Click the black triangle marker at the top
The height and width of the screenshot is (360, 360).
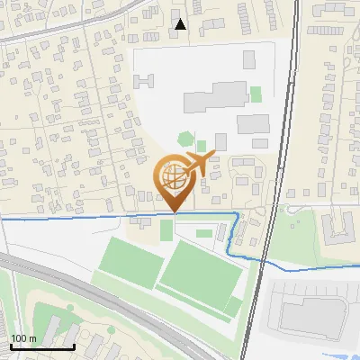coord(181,25)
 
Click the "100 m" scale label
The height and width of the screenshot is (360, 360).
coord(22,337)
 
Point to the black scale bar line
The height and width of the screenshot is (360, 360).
coord(42,346)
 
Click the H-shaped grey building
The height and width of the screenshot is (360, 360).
coord(145,80)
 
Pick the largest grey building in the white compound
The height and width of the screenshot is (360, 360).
coord(217,94)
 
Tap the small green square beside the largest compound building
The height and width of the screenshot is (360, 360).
coord(256,94)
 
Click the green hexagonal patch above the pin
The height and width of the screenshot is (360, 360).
coord(185,139)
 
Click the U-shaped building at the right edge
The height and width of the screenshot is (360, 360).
coord(340,224)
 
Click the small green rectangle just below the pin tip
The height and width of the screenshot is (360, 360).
coord(166,229)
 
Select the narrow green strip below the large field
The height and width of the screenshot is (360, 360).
coord(232,307)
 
